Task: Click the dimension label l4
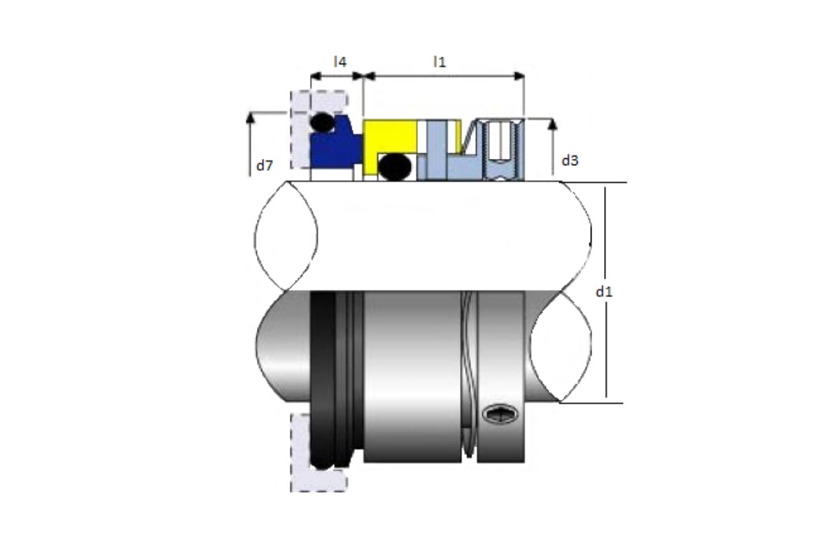pos(340,62)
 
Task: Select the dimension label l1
pos(440,62)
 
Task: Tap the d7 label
pos(265,165)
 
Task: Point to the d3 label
pos(570,160)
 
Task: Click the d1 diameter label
pos(604,291)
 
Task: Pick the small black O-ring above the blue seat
pos(322,122)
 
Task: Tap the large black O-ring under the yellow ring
pos(395,167)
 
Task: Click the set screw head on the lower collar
pos(500,414)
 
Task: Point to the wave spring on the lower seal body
pos(469,375)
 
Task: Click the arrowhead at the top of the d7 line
pos(250,118)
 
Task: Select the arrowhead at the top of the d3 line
pos(552,124)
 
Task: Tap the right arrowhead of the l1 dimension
pos(519,76)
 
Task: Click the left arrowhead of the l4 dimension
pos(316,76)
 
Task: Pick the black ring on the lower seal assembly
pos(323,379)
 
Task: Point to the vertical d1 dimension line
pos(605,293)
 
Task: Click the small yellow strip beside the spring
pos(458,136)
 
